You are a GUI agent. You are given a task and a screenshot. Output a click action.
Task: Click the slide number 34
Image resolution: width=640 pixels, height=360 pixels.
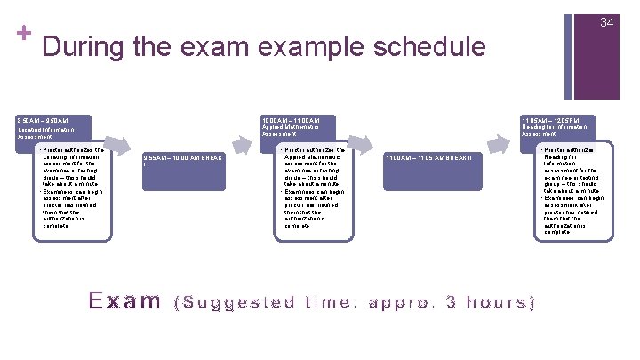[607, 22]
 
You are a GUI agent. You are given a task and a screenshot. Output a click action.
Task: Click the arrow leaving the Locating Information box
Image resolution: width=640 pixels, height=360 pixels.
[122, 147]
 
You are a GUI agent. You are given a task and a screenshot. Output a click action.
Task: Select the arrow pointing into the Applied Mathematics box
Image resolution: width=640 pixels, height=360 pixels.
[242, 142]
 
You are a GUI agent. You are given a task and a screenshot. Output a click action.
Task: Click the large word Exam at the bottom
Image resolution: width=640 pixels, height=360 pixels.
[124, 300]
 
